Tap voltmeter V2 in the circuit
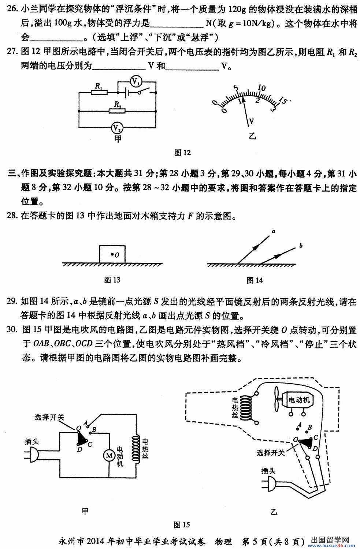pos(117,128)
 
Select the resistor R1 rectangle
pos(99,92)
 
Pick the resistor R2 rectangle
pos(117,111)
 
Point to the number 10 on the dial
pos(261,88)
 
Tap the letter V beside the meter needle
pos(251,121)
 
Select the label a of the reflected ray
pos(274,231)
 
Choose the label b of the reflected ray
pos(301,245)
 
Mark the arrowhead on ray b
pos(277,256)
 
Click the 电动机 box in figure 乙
pos(298,400)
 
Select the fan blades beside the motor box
pos(277,400)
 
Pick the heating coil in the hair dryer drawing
pos(245,408)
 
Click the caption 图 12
pos(182,153)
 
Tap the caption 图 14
pos(255,280)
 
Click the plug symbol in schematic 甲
pos(32,455)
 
